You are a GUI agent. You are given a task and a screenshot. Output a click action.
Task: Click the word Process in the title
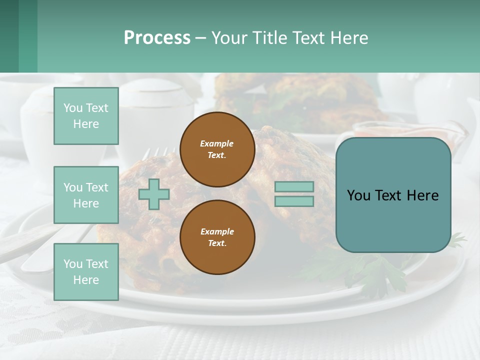tap(157, 38)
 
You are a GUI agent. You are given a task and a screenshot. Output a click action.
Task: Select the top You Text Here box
tap(86, 116)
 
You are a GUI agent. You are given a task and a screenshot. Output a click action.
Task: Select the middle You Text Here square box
tap(86, 195)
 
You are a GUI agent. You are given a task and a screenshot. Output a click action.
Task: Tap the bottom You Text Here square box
tap(86, 272)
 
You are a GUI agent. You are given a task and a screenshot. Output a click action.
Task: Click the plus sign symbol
tap(154, 194)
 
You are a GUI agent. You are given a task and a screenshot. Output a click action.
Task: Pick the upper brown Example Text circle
tap(217, 149)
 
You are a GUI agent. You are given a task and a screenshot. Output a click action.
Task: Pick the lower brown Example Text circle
tap(217, 237)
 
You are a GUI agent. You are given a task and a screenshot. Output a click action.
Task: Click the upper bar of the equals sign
tap(294, 187)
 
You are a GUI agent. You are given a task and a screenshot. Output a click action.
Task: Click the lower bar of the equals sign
tap(294, 201)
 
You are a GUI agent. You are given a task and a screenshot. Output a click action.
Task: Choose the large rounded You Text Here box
tap(393, 195)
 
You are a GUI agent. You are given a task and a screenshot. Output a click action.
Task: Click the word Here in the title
tap(350, 38)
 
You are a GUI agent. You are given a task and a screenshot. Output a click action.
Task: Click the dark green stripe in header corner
tap(9, 36)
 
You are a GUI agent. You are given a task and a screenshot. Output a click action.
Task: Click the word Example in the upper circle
tap(217, 143)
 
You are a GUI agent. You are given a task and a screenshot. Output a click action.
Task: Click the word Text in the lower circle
tap(217, 243)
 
